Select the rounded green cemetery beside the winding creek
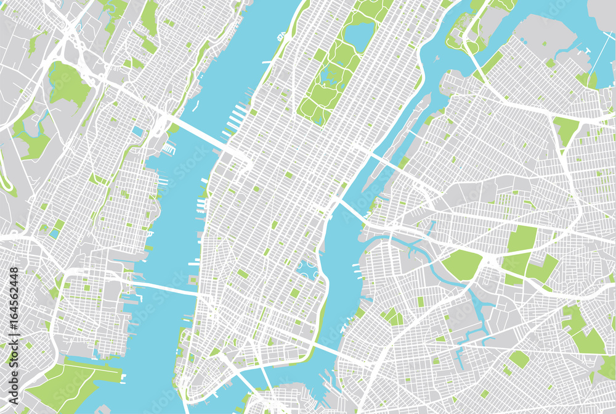pos(462,264)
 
